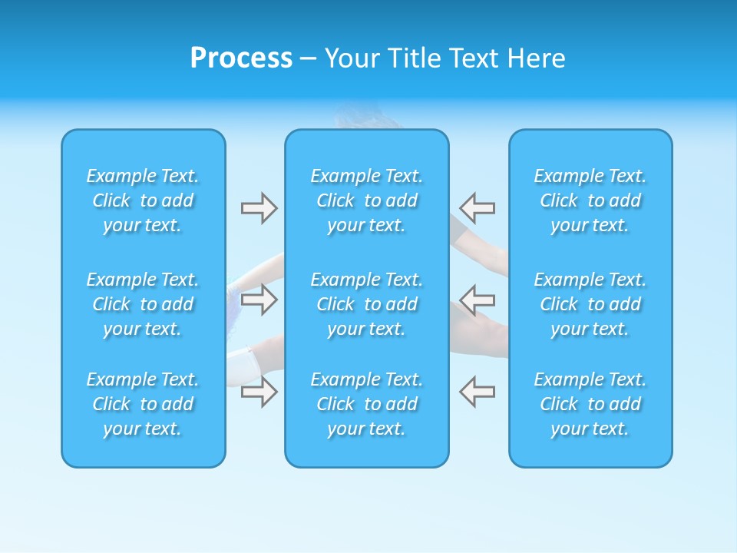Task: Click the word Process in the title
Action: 241,58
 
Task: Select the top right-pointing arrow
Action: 259,207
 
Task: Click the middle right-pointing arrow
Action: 259,299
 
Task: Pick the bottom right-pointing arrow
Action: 259,392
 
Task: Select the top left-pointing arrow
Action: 477,207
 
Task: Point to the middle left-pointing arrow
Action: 477,299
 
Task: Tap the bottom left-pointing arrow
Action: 477,392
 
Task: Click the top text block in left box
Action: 143,200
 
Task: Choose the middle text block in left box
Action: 143,304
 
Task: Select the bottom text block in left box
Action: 143,404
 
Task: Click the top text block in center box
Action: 366,200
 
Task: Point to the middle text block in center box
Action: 366,304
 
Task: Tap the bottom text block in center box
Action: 366,404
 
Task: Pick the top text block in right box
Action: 590,200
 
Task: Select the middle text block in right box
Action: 590,304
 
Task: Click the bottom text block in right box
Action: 590,404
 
